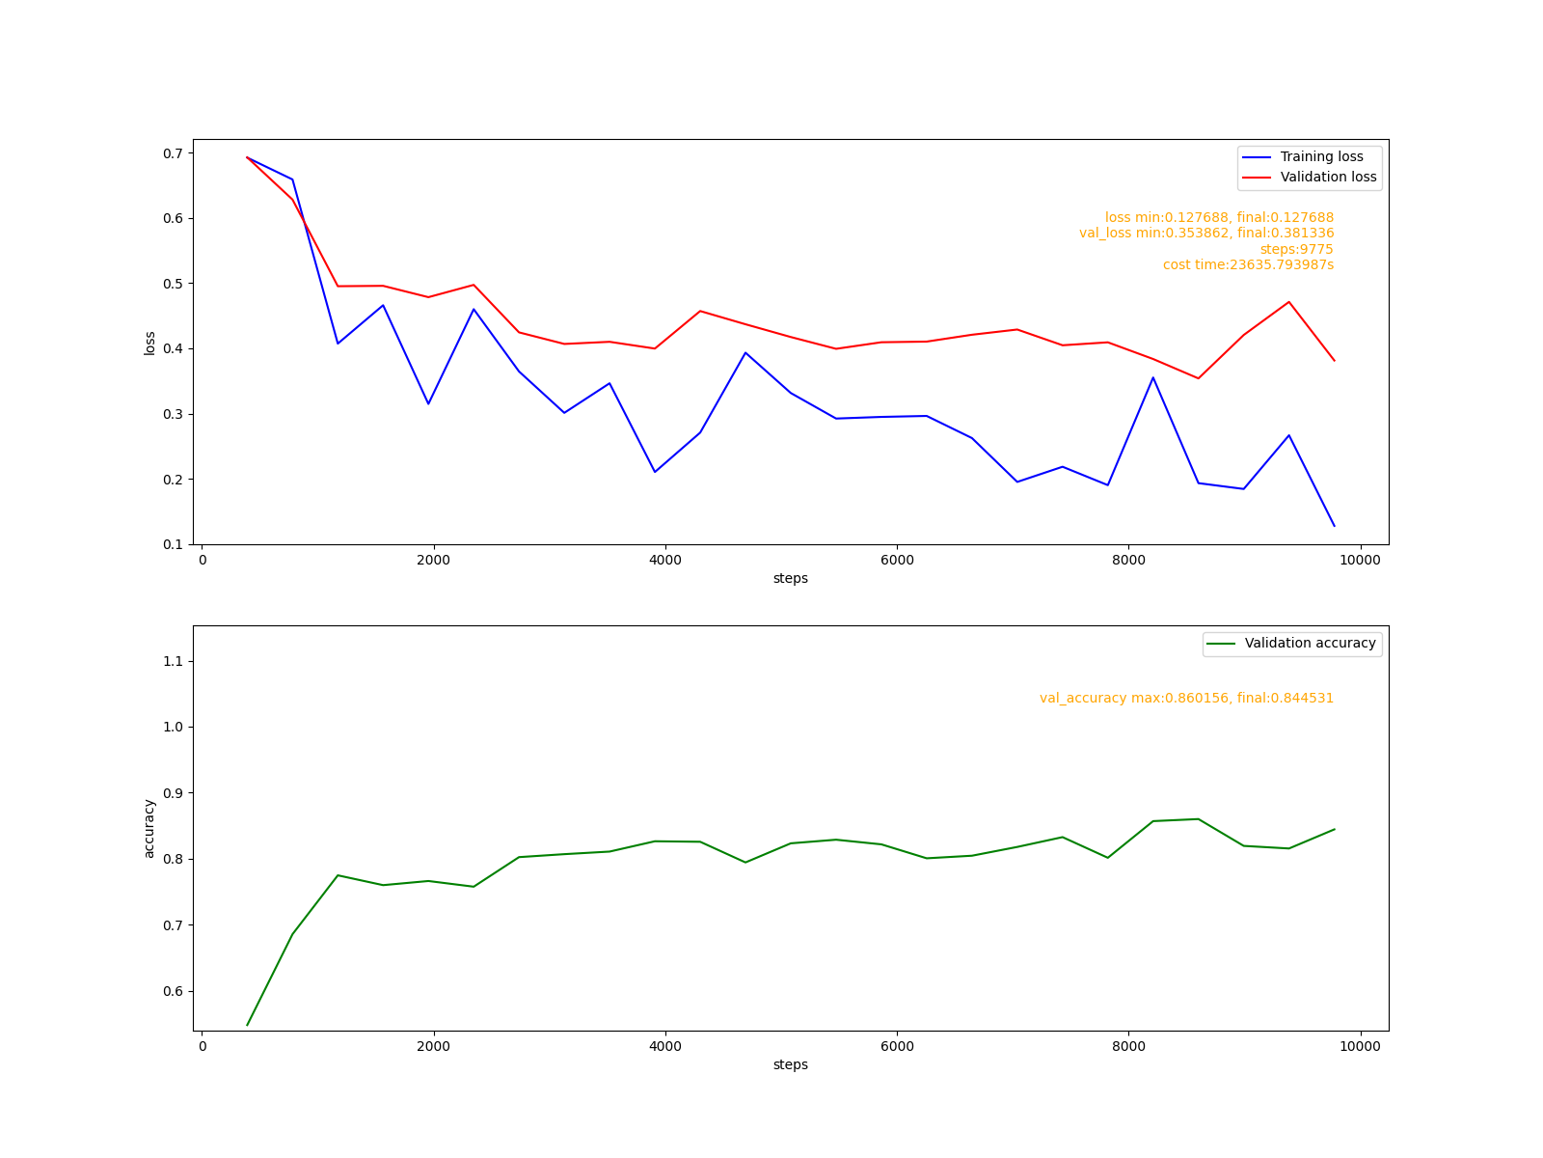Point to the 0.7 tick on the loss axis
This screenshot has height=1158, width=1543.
tap(174, 153)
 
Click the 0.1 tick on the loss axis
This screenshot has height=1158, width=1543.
tap(174, 544)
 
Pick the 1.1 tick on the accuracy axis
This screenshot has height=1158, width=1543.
tap(174, 661)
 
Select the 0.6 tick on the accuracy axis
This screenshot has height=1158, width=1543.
tap(174, 991)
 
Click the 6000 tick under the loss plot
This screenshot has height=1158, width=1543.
tap(897, 561)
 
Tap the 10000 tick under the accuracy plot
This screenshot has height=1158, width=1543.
tap(1360, 1047)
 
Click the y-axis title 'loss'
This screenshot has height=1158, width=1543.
tap(149, 343)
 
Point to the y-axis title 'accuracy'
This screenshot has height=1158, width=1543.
tap(149, 828)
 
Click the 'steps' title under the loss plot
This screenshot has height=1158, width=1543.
tap(790, 579)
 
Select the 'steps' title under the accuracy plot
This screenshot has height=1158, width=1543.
tap(790, 1065)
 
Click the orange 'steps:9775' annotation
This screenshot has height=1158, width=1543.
tap(1296, 249)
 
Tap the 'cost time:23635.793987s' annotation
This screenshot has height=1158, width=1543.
tap(1248, 264)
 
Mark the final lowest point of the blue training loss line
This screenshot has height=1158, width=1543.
tap(1334, 526)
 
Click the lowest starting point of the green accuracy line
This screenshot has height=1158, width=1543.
tap(248, 1025)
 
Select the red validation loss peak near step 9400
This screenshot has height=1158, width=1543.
tap(1288, 302)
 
